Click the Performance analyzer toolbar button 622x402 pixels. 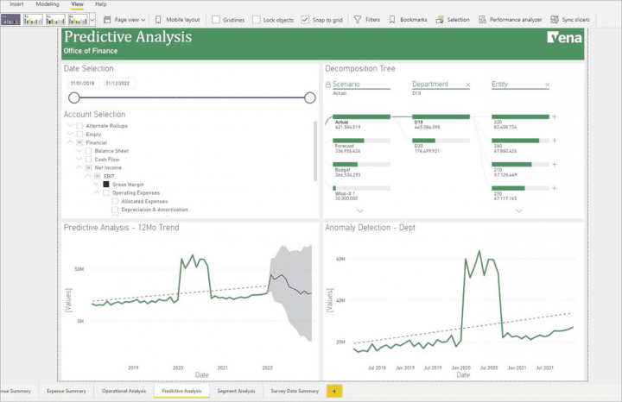511,19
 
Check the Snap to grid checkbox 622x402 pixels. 306,19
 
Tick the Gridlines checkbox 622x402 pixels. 216,19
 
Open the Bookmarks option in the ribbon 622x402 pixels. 413,19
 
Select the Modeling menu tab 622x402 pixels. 48,4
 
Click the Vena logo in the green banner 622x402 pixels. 564,38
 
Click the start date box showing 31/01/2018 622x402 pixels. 81,84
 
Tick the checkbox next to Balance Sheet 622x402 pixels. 88,151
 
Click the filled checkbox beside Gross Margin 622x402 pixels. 106,185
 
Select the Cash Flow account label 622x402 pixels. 107,160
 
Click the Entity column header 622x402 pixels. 500,85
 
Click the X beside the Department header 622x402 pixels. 468,85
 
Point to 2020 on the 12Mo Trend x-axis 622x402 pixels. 178,367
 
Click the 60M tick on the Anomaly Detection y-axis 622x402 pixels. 340,259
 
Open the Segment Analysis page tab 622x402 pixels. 236,391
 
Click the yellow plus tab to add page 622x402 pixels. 333,391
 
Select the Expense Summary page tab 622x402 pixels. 66,391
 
